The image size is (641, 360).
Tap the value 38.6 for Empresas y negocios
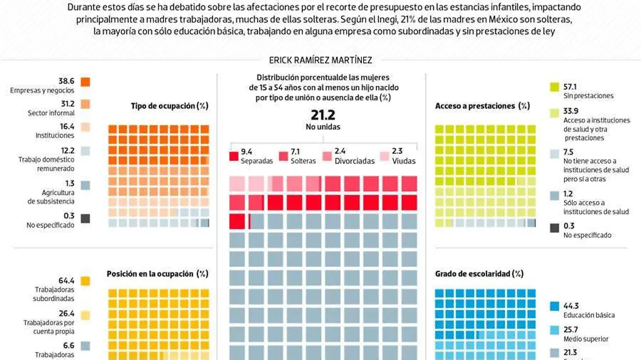[x=66, y=81]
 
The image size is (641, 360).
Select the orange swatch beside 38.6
[x=85, y=82]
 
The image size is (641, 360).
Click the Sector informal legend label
[x=51, y=113]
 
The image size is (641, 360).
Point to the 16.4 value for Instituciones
[x=66, y=127]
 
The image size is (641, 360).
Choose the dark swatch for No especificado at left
[x=85, y=218]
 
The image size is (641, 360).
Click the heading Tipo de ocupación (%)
[x=169, y=106]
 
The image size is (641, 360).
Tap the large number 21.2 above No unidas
[x=323, y=114]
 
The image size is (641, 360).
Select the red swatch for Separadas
[x=233, y=156]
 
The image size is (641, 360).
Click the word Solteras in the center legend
[x=303, y=161]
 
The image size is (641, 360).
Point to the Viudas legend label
[x=403, y=161]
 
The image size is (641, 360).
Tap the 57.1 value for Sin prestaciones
[x=572, y=86]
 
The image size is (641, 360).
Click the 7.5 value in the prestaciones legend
[x=568, y=152]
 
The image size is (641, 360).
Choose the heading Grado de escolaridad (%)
[x=479, y=273]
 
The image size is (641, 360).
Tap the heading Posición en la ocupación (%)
[x=157, y=273]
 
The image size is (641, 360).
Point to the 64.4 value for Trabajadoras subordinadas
[x=66, y=280]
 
